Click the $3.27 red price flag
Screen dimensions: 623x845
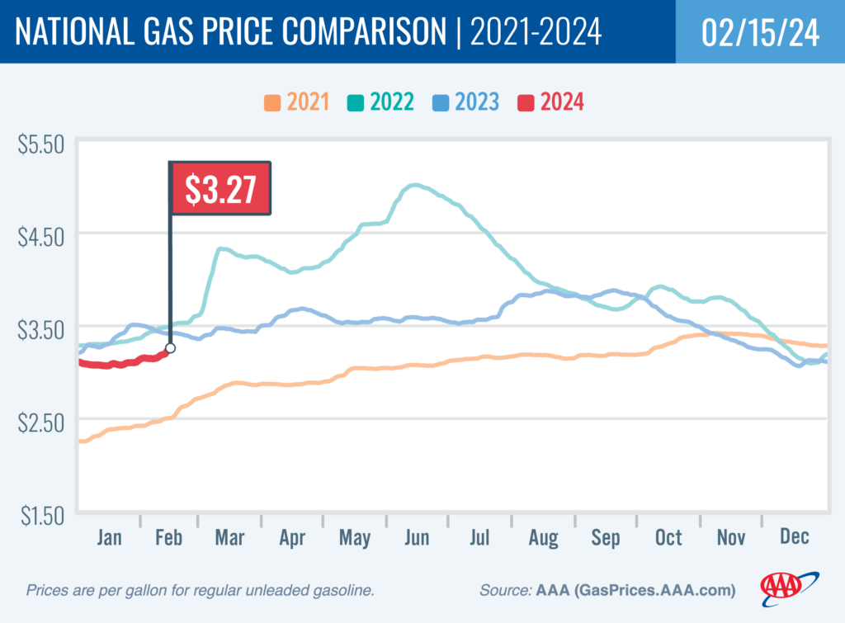[x=220, y=189]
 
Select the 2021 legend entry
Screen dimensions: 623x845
[x=296, y=103]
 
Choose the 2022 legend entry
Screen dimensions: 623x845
[x=381, y=103]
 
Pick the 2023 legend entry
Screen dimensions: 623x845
[x=465, y=103]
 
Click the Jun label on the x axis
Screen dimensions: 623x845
[x=417, y=538]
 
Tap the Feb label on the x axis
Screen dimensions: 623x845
[x=168, y=538]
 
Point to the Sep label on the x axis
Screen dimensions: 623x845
[x=605, y=538]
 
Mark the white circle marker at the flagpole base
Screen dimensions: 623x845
[x=170, y=348]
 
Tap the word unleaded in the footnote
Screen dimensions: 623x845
[x=261, y=591]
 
